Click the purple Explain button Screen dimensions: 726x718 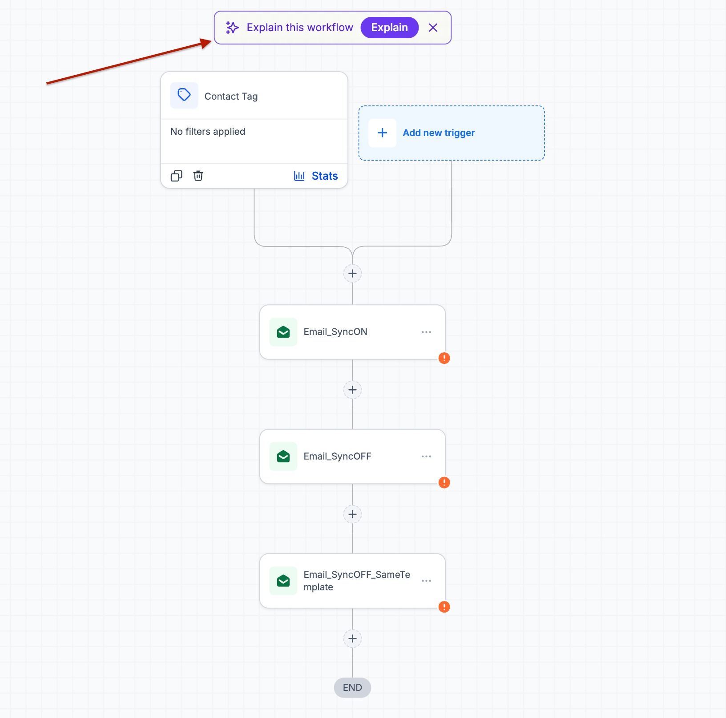point(389,28)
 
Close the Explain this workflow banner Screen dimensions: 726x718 point(433,28)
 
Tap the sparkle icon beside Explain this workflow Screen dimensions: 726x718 point(232,28)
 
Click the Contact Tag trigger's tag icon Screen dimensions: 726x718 point(184,95)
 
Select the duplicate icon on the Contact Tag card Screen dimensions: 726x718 point(177,176)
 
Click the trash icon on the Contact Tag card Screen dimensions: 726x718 point(198,176)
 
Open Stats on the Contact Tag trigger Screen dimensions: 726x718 point(316,176)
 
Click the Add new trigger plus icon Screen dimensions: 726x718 point(383,133)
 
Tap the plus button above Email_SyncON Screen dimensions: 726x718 point(352,273)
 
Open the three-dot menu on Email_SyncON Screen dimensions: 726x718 point(426,332)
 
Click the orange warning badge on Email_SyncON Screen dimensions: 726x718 point(444,358)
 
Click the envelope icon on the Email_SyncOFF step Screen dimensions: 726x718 point(283,456)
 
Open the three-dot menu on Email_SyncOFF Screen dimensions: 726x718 point(426,456)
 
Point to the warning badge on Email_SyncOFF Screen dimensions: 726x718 point(444,483)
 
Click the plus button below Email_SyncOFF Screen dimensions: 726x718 point(352,514)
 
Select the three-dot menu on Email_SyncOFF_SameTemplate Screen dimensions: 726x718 point(426,581)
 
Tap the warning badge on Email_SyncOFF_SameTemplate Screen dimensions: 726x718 point(444,607)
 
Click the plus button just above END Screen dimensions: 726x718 point(352,639)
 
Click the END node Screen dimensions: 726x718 point(352,688)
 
